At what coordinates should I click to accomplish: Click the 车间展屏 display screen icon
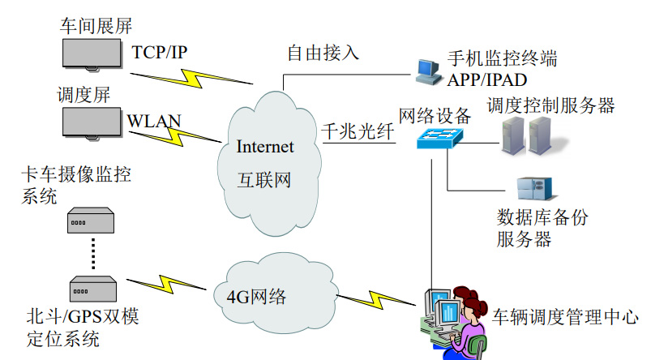coord(95,53)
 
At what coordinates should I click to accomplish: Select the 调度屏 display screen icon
coord(95,122)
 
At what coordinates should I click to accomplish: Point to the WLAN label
coord(154,122)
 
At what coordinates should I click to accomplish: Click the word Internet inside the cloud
coord(265,147)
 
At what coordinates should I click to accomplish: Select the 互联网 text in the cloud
coord(264,180)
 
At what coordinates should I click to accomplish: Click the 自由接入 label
coord(323,54)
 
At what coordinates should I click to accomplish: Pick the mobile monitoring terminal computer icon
coord(427,71)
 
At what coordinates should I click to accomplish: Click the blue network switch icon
coord(439,138)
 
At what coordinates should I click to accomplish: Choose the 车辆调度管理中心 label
coord(565,317)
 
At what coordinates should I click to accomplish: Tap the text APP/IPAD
coord(488,79)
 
